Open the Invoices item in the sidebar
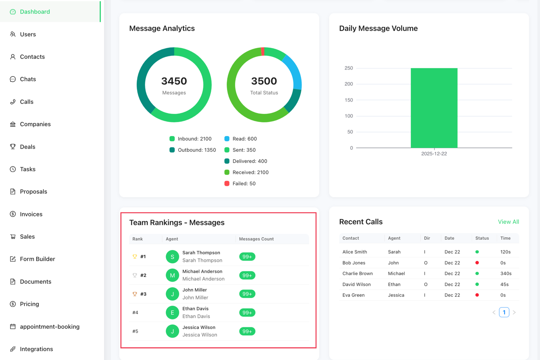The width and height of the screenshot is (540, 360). click(31, 214)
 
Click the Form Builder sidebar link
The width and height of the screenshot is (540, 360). click(37, 259)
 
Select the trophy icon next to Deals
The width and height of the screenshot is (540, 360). click(13, 146)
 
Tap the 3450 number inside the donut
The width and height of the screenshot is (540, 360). click(174, 81)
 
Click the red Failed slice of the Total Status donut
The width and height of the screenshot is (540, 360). click(263, 51)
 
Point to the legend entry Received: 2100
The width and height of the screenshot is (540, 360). click(250, 172)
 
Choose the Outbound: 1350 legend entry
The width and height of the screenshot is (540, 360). click(196, 150)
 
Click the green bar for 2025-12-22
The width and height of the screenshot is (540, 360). click(434, 108)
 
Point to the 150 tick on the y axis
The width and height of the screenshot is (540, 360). click(349, 100)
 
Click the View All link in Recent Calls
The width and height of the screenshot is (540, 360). click(508, 222)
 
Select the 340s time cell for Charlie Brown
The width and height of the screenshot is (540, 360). click(506, 274)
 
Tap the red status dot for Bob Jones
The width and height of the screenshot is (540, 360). click(477, 263)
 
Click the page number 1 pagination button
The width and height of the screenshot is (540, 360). click(504, 312)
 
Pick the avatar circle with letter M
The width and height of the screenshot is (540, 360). click(172, 275)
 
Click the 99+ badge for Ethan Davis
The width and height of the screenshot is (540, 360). click(247, 313)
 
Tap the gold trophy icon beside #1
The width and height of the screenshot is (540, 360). click(135, 257)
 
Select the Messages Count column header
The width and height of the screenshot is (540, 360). click(256, 239)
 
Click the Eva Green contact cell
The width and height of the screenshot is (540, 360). click(353, 295)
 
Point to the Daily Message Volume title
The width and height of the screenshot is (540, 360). click(378, 28)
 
